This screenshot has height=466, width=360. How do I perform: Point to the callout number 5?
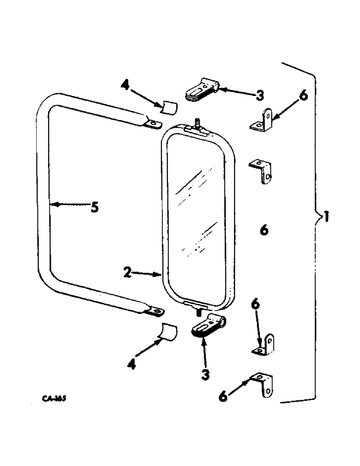94,206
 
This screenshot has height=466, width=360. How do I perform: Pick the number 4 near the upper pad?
125,86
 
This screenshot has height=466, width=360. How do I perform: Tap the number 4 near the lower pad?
132,365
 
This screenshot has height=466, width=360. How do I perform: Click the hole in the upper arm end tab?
152,123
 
